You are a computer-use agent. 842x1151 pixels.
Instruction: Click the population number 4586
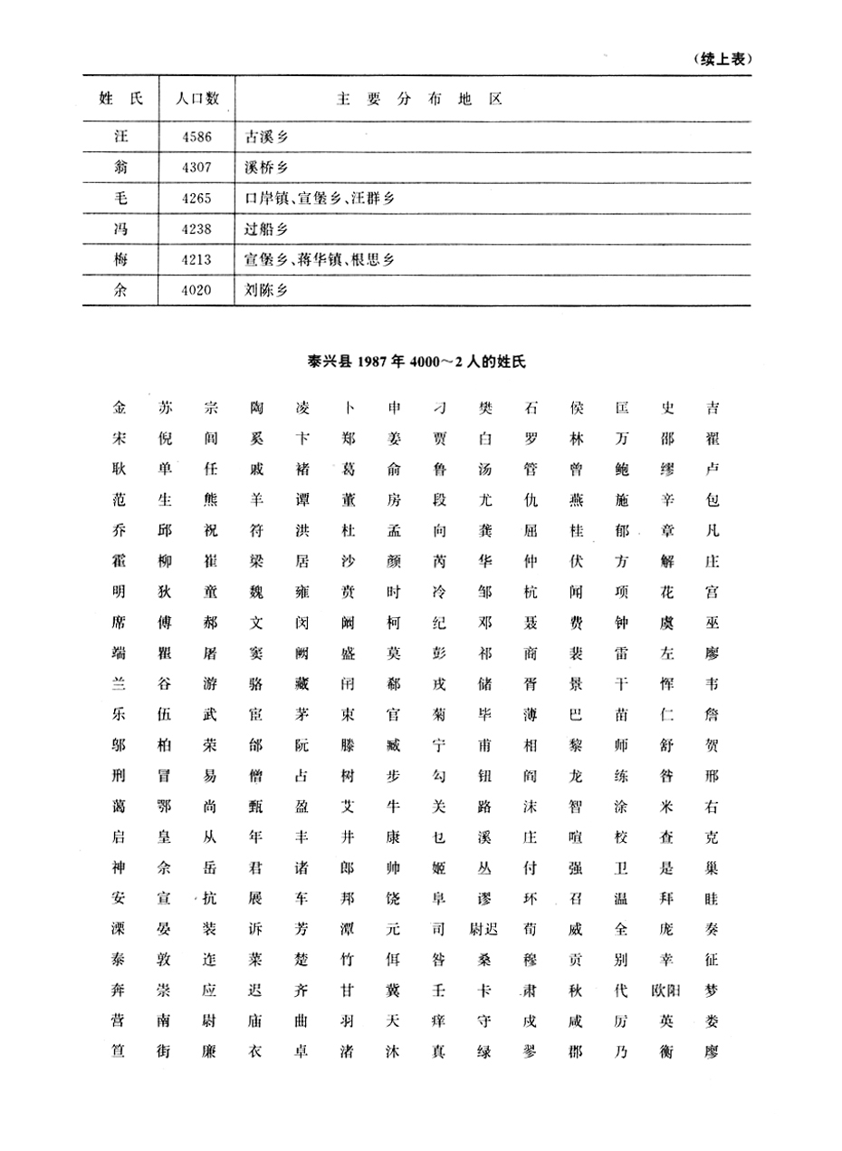point(196,137)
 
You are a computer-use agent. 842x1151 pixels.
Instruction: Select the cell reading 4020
point(196,291)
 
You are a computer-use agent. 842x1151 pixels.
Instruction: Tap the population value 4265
point(196,198)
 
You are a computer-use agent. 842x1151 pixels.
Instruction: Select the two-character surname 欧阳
point(668,991)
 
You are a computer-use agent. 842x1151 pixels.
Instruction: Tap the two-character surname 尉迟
point(486,929)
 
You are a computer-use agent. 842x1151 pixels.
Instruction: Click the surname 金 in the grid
point(120,407)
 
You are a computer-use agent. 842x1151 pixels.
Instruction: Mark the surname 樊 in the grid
point(485,407)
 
